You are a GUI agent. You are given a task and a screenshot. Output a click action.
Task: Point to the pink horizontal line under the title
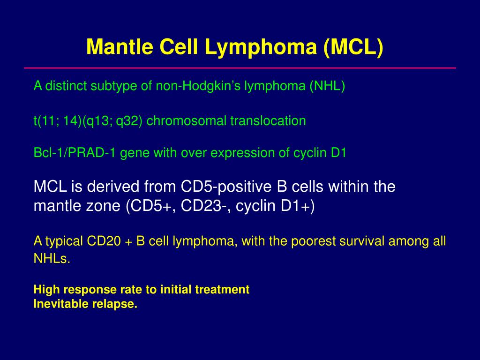240,68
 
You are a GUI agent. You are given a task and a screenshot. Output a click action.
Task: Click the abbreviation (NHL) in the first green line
327,86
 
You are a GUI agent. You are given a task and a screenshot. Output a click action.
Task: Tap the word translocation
268,121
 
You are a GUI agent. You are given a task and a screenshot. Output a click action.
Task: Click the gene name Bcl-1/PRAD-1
75,153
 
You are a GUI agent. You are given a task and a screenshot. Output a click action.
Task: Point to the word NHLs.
52,259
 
